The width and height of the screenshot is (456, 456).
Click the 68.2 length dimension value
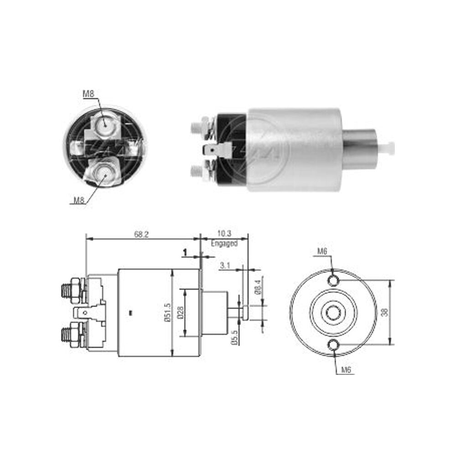tap(141, 234)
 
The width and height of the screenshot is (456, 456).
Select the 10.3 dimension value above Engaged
tap(224, 233)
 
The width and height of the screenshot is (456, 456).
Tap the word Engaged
tap(224, 243)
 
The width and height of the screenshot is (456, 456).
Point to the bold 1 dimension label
tap(185, 253)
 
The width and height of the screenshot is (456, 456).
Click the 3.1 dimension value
tap(225, 265)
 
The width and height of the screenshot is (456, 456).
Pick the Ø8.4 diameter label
tap(258, 287)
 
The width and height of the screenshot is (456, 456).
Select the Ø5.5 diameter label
tap(235, 337)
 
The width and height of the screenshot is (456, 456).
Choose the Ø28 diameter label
tap(180, 313)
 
